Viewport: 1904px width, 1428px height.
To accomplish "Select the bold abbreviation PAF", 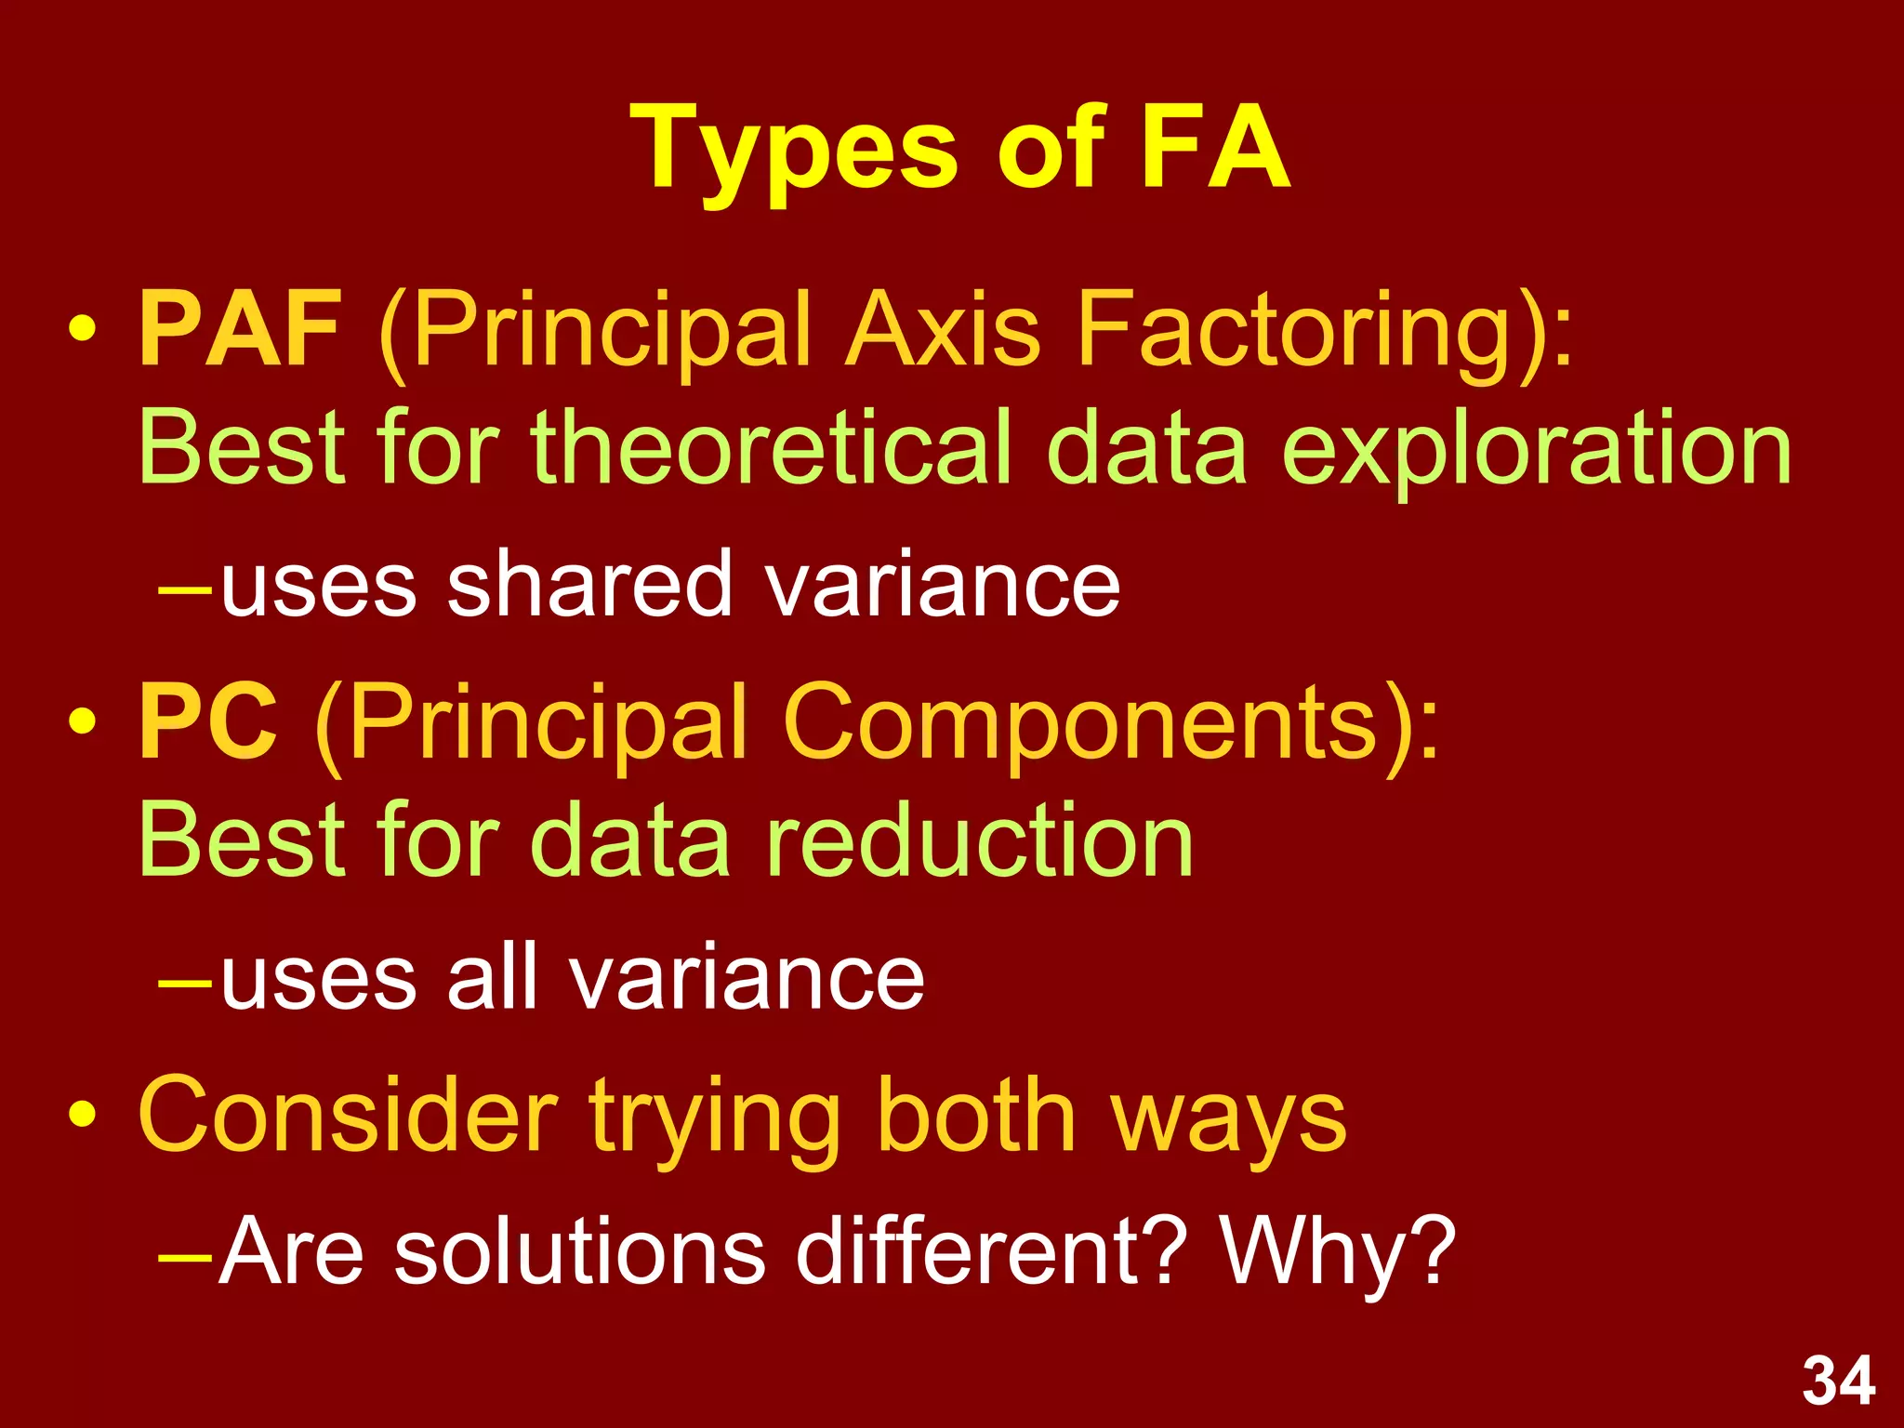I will pos(240,329).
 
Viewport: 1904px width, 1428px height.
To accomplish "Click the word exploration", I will pos(1536,450).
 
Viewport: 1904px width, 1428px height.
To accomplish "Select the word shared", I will pos(589,584).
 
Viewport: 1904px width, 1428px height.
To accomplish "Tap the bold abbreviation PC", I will pos(208,721).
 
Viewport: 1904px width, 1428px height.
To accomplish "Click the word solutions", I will pos(579,1251).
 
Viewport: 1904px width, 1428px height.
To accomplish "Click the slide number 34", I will pos(1838,1382).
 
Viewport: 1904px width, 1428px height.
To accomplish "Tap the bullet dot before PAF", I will pos(82,331).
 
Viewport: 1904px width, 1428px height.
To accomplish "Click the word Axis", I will pos(941,331).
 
